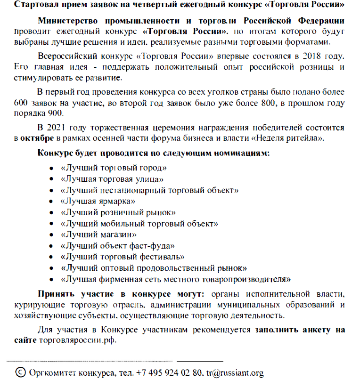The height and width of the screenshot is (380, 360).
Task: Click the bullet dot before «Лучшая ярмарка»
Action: click(52, 202)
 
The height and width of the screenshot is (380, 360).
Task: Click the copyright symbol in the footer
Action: click(21, 372)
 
